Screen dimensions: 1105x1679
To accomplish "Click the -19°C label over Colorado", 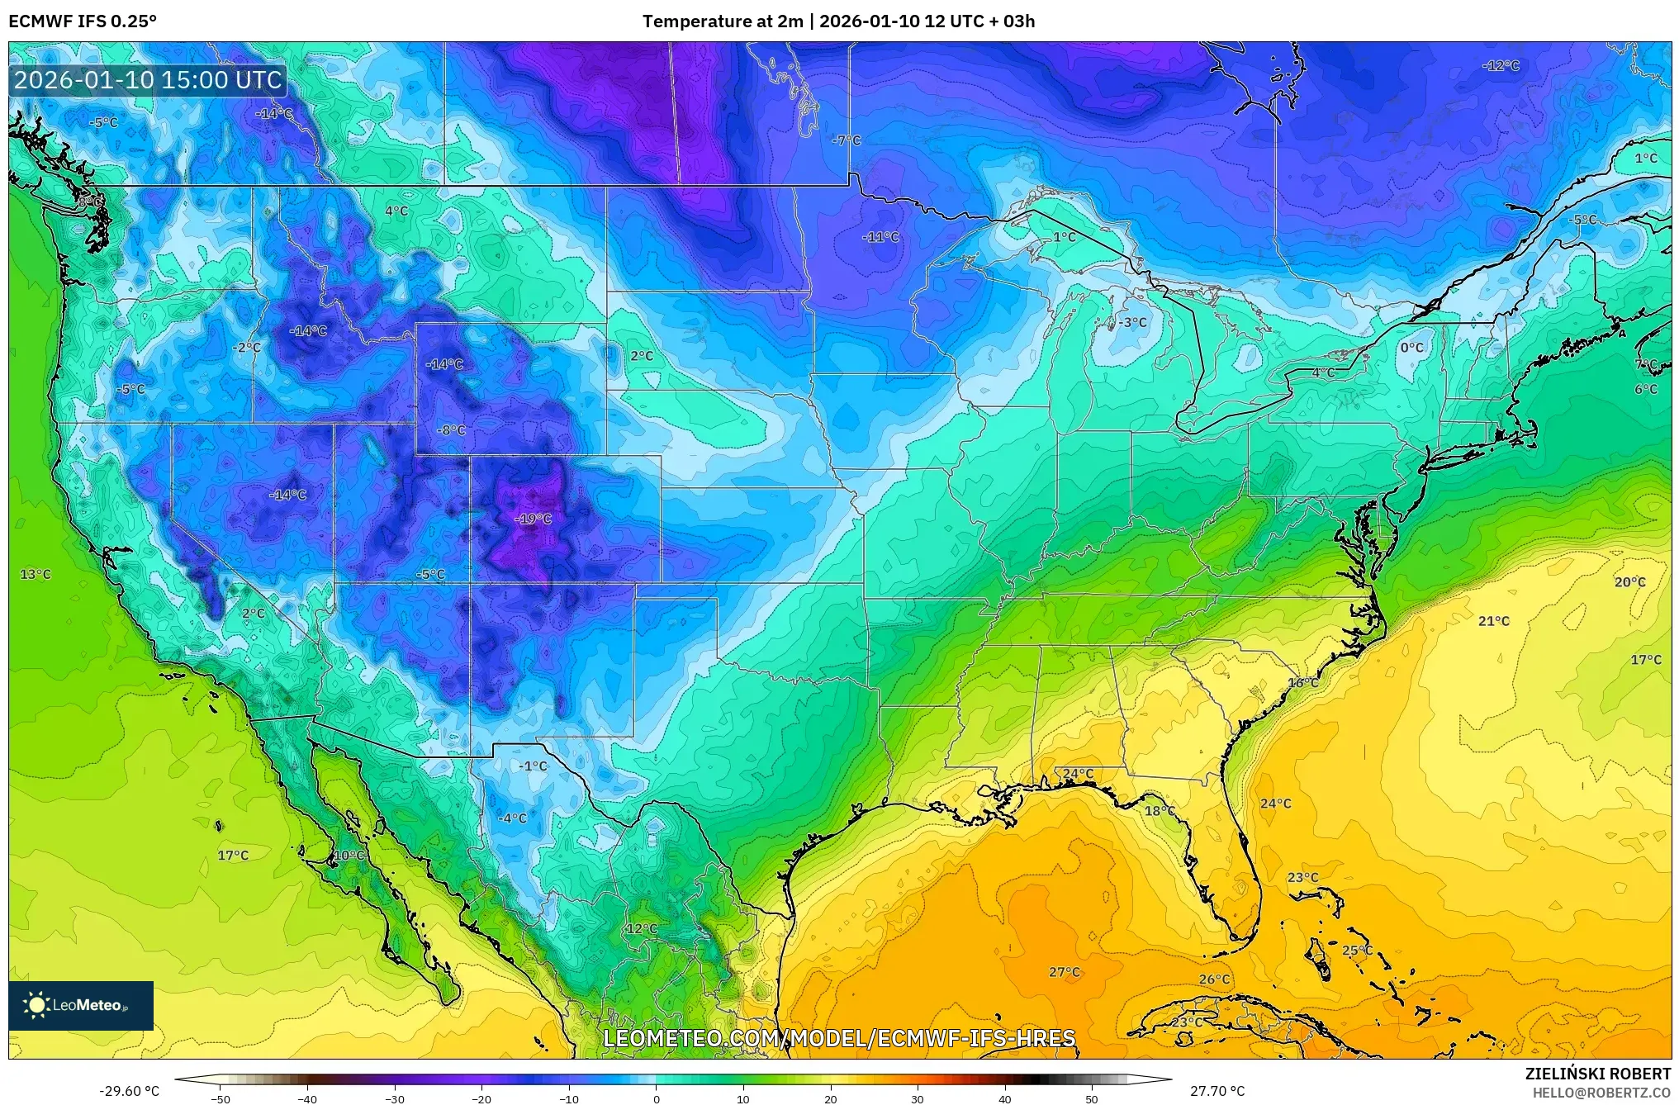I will tap(533, 519).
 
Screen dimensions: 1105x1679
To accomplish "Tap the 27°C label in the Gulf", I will tap(1064, 972).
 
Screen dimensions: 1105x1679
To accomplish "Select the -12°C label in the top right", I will tap(1501, 66).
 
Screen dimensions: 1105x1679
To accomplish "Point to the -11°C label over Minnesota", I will tap(880, 237).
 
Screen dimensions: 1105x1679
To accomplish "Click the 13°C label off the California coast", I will tap(36, 574).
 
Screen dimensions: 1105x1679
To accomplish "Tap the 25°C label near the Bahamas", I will tap(1357, 951).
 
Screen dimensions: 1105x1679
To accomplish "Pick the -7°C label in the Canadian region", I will tap(846, 140).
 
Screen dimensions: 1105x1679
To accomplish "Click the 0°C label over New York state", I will tap(1411, 348).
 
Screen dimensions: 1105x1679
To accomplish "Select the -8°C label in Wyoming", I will tap(452, 430).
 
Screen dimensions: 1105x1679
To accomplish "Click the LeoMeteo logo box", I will tap(81, 1005).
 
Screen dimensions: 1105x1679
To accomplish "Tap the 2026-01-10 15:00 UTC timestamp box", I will tap(148, 80).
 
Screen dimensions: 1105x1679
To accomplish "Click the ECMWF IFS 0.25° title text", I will tap(83, 21).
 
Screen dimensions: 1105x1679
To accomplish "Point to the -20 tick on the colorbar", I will tap(481, 1098).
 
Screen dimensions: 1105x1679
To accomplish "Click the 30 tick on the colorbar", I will tap(918, 1098).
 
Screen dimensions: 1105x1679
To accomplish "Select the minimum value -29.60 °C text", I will tap(130, 1091).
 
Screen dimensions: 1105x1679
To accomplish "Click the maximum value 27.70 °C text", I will tap(1217, 1091).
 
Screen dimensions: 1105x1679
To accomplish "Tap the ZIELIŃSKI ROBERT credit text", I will tap(1597, 1074).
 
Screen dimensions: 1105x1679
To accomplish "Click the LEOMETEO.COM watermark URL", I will tap(839, 1038).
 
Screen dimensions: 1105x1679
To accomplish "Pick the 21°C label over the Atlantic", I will tap(1493, 621).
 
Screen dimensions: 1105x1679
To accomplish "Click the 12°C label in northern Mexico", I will tap(642, 928).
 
